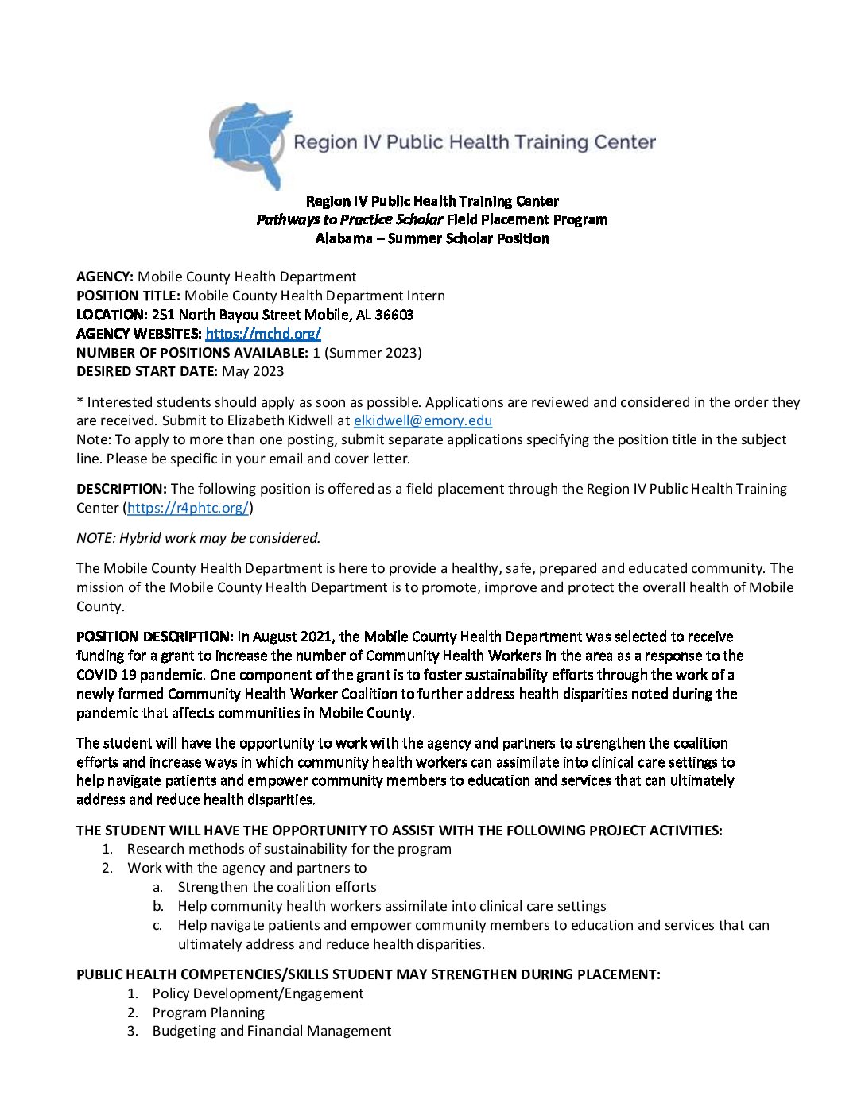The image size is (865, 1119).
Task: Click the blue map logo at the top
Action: tap(248, 144)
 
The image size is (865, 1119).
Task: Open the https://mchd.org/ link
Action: tap(262, 334)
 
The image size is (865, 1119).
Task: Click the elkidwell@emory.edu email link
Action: tap(422, 421)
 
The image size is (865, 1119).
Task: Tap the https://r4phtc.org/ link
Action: tap(188, 508)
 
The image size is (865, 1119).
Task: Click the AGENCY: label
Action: tap(105, 277)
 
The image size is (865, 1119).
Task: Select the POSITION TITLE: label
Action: tap(128, 296)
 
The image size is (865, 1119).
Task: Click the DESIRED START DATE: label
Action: tap(146, 371)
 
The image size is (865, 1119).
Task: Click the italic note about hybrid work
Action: tap(198, 538)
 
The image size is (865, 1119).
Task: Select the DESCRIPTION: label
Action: tap(121, 489)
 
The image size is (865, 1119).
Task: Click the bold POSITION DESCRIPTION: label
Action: tap(154, 637)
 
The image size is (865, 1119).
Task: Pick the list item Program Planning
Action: tap(208, 1013)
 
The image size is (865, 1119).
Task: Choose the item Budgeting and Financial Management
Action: tap(271, 1031)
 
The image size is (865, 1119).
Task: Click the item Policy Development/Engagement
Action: tap(258, 993)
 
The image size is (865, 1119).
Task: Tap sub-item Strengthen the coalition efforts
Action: tap(277, 887)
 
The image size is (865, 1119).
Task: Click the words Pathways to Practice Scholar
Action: tap(349, 220)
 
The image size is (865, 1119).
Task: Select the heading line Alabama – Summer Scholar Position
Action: tap(432, 238)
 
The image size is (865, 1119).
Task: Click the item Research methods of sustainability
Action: tap(289, 849)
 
